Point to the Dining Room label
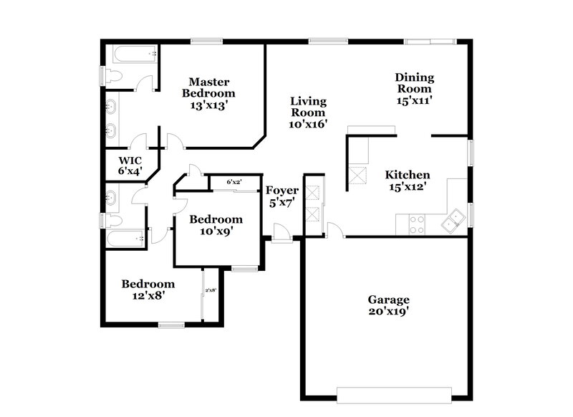[x=415, y=83]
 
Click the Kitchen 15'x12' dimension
[x=408, y=187]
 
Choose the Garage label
[x=389, y=299]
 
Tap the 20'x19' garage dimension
[x=389, y=312]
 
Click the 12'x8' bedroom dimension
[x=147, y=295]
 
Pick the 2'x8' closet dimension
[x=211, y=290]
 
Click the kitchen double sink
[x=453, y=223]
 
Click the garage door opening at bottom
[x=395, y=394]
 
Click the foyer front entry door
[x=283, y=234]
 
